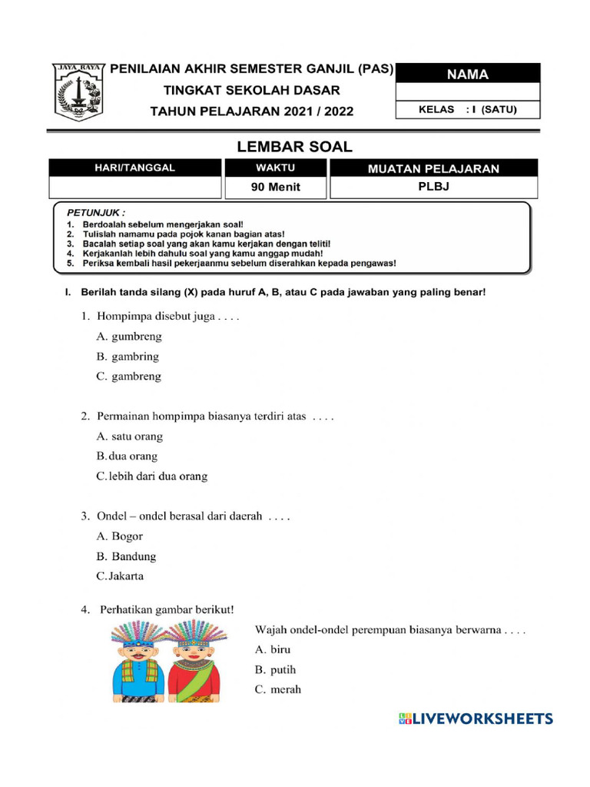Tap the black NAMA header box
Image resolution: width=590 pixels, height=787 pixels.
[468, 75]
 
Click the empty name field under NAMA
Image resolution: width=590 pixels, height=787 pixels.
[468, 93]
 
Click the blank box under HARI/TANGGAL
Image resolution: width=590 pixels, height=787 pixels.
[134, 187]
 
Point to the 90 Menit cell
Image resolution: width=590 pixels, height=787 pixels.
[276, 187]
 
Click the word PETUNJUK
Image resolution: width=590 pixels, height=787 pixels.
[96, 211]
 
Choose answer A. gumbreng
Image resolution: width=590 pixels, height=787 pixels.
[129, 337]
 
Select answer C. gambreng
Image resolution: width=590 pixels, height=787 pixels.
[129, 377]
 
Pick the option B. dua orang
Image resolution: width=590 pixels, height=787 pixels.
[127, 457]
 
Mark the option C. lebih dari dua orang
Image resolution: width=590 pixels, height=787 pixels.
[152, 477]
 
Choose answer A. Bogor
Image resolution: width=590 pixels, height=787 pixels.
[120, 536]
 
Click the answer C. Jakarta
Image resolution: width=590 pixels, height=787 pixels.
[120, 576]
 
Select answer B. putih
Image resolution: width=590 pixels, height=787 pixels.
[275, 669]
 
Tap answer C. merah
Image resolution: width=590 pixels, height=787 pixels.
[278, 689]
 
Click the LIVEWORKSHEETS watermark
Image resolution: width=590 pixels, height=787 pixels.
[476, 719]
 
